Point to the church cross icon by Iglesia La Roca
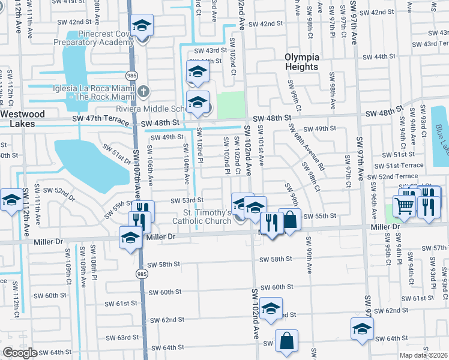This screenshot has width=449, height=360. [143, 91]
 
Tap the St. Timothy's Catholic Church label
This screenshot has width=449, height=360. [202, 217]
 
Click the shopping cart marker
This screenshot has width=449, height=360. [405, 206]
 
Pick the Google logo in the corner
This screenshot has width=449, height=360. [20, 352]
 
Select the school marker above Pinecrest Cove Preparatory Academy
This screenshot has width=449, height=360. [143, 26]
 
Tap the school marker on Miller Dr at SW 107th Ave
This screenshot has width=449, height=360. [130, 238]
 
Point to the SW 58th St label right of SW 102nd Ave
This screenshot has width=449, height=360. [276, 259]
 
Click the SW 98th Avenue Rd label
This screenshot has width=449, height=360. [306, 147]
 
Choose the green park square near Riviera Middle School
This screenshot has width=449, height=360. [231, 104]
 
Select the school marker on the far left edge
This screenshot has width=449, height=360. [11, 201]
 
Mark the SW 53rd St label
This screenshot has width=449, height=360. [187, 200]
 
